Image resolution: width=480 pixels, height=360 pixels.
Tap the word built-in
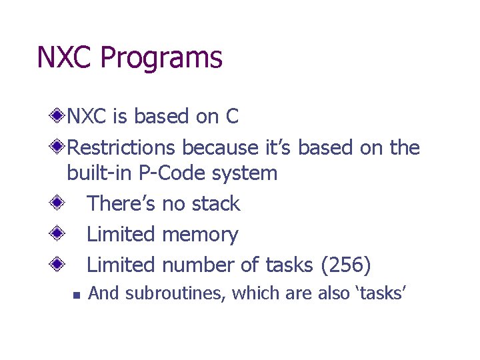(x=99, y=173)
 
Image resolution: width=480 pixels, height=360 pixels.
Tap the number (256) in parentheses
(x=345, y=265)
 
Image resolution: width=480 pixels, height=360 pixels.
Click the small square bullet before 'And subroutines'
(x=77, y=294)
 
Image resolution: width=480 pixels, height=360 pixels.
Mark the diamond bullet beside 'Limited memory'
(x=59, y=234)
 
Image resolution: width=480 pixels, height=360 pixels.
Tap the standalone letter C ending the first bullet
(x=231, y=117)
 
